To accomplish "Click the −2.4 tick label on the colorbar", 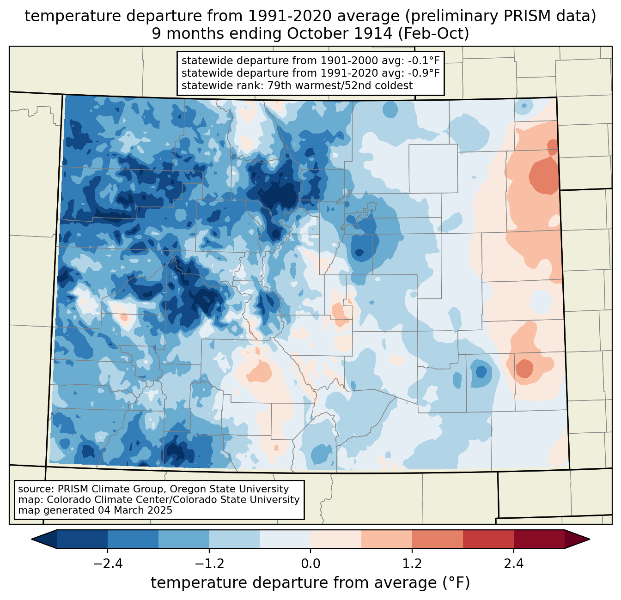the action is click(x=108, y=564).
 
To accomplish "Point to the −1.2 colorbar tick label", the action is click(x=209, y=564).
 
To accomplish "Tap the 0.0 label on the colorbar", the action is click(x=310, y=564).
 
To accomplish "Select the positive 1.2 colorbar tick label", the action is click(x=412, y=564).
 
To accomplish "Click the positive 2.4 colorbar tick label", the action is click(x=514, y=564).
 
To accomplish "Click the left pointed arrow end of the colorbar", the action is click(x=44, y=539).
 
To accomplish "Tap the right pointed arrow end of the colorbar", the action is click(x=577, y=539).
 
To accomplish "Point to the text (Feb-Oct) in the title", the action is click(x=433, y=34).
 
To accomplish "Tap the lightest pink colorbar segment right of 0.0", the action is click(x=336, y=539).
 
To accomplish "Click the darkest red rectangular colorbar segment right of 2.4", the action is click(x=539, y=539).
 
